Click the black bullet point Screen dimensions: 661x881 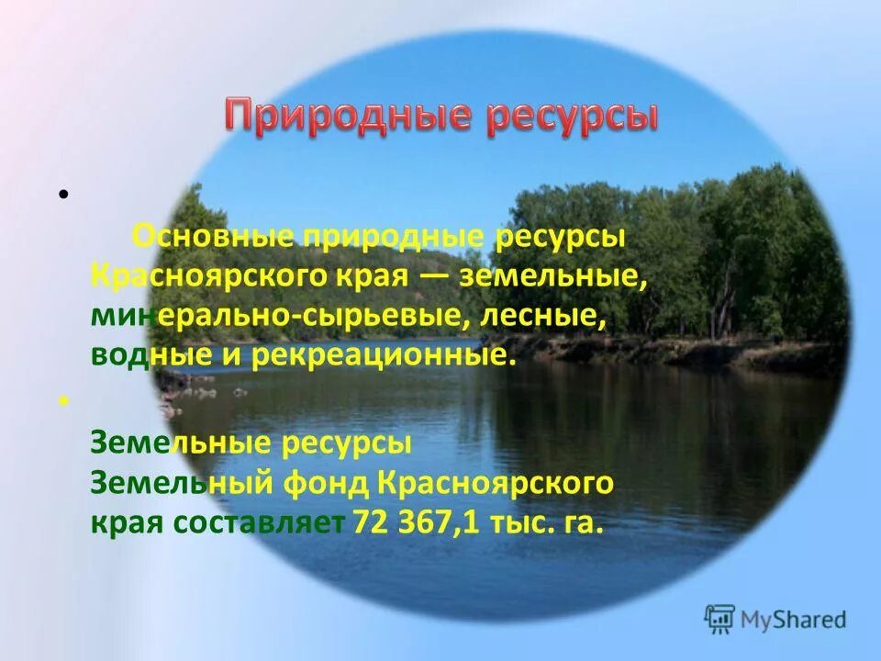coord(63,194)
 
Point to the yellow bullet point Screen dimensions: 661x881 coord(63,401)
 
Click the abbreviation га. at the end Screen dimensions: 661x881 coord(585,522)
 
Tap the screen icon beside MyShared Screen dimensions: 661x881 coord(720,619)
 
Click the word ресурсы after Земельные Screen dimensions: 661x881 coord(343,443)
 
